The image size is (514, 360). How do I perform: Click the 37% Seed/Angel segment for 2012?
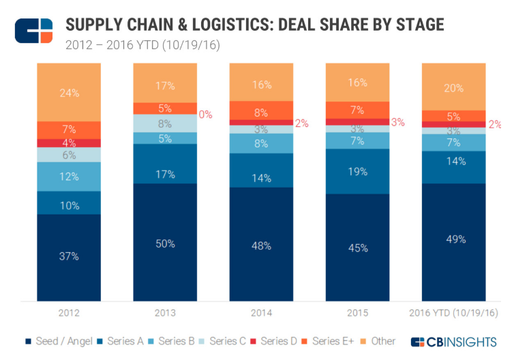[69, 257]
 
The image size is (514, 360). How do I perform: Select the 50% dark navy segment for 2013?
[165, 243]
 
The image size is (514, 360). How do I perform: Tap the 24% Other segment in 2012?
[69, 91]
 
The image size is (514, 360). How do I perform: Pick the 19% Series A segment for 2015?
[358, 171]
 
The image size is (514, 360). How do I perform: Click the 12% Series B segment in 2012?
[69, 177]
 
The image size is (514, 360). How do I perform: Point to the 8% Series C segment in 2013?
[165, 123]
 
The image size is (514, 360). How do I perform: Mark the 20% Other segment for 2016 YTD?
[454, 87]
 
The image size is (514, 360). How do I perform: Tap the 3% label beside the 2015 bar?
[398, 123]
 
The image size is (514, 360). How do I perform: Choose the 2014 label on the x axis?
[261, 313]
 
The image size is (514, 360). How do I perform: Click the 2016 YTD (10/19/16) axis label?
[454, 313]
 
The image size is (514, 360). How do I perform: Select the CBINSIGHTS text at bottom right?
[466, 341]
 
